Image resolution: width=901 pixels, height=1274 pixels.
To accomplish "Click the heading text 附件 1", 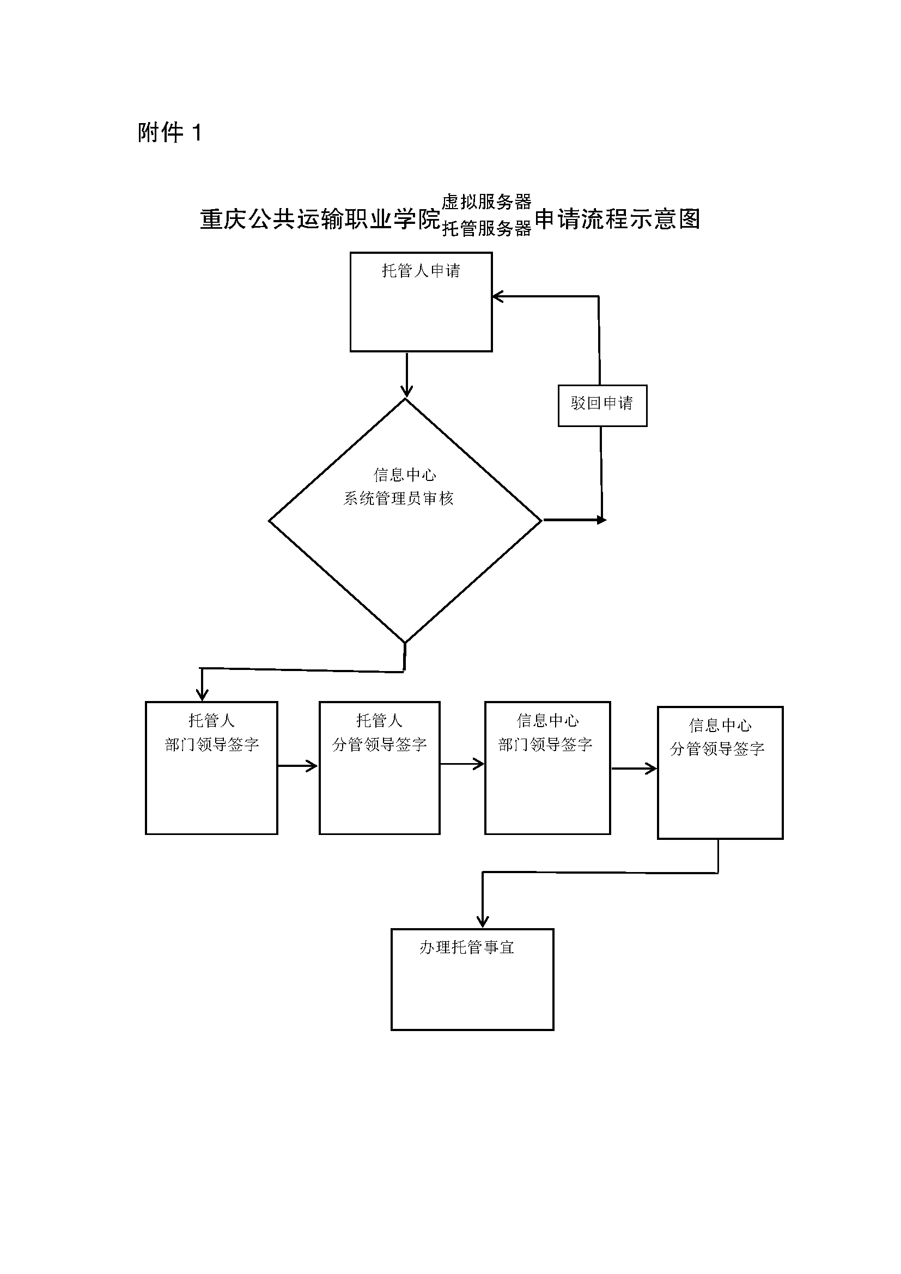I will (x=169, y=133).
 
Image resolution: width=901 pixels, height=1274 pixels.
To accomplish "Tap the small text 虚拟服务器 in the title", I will (x=486, y=202).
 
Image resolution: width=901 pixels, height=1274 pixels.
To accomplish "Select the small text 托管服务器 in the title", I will (x=486, y=228).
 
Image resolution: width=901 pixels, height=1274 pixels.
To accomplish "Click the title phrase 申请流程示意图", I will (x=617, y=219).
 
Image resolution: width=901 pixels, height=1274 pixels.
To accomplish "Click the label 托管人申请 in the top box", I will (x=421, y=271).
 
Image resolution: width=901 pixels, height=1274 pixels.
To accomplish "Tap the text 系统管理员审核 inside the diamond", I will (x=398, y=499).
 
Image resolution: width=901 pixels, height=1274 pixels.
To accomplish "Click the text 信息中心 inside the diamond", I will (x=404, y=475).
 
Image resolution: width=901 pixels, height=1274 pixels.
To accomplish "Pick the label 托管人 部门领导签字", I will (x=211, y=733).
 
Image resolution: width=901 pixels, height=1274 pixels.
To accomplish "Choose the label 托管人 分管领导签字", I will (x=380, y=733).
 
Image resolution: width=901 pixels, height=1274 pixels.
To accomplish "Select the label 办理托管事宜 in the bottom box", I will (x=467, y=947).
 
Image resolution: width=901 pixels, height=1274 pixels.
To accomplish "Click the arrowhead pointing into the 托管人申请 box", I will (x=498, y=297).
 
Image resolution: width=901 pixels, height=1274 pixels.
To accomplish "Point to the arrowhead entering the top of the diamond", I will (x=407, y=391).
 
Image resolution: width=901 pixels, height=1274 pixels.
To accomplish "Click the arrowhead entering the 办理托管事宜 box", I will (x=483, y=921).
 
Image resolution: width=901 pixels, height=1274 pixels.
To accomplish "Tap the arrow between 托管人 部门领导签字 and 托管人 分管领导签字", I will (x=298, y=766).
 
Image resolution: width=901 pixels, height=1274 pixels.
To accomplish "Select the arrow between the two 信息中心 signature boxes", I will (x=634, y=769).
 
